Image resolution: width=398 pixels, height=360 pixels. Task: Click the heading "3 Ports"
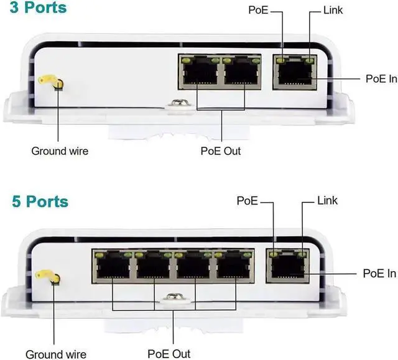pyautogui.click(x=39, y=9)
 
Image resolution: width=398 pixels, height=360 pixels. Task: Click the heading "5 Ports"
pyautogui.click(x=39, y=202)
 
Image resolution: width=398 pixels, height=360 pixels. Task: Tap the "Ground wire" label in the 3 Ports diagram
pyautogui.click(x=60, y=150)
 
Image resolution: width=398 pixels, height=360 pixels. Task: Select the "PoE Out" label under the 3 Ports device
pyautogui.click(x=221, y=150)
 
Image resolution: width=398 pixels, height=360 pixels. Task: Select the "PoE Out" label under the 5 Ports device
pyautogui.click(x=169, y=353)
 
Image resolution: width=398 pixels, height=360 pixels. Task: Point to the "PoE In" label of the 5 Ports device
pyautogui.click(x=378, y=274)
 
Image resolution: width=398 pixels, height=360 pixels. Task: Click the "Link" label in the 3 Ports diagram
pyautogui.click(x=333, y=10)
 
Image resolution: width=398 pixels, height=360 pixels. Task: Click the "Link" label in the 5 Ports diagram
pyautogui.click(x=327, y=200)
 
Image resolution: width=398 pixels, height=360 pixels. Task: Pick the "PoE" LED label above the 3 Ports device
pyautogui.click(x=258, y=10)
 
